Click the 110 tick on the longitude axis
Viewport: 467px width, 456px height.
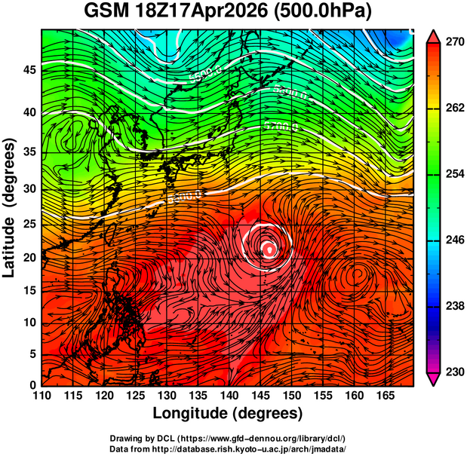tap(41, 395)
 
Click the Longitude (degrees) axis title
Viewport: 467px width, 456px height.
tap(228, 413)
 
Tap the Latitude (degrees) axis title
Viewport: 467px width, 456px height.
tap(10, 207)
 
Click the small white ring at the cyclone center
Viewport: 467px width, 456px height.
tap(268, 248)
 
